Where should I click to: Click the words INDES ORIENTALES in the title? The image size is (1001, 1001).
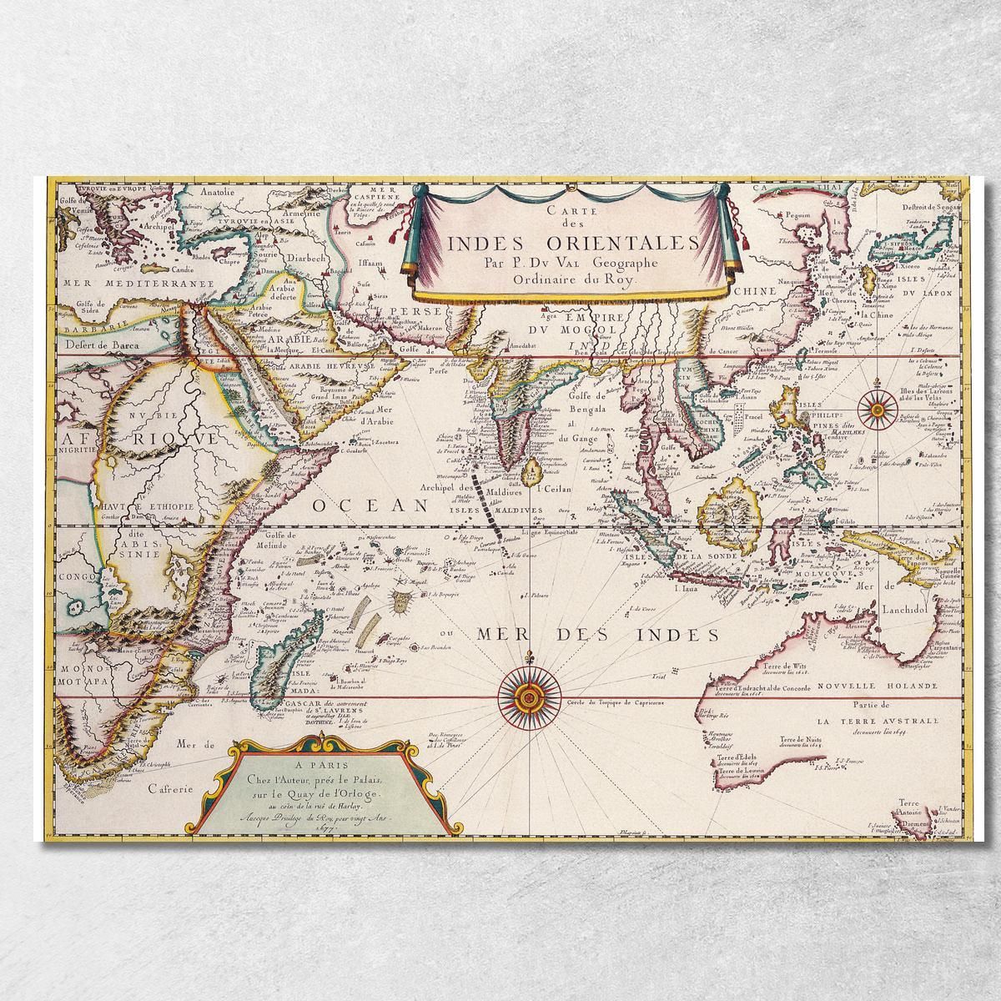tap(561, 243)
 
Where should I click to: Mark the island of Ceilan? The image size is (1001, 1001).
tap(527, 475)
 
